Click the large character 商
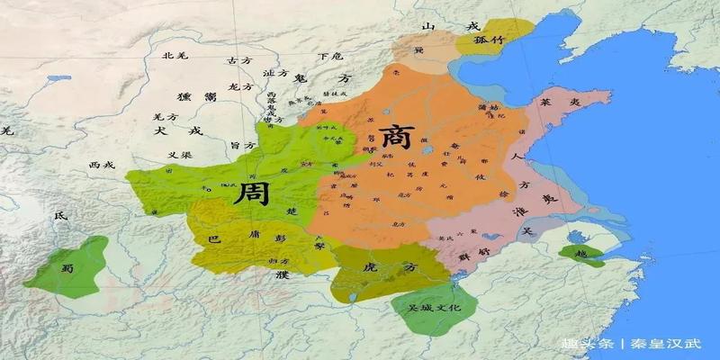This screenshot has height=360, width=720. (x=396, y=138)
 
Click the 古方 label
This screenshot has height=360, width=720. (x=238, y=60)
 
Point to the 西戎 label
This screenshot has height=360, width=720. (x=103, y=166)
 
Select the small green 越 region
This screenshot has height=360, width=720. (x=580, y=255)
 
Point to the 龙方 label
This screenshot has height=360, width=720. (x=241, y=87)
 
